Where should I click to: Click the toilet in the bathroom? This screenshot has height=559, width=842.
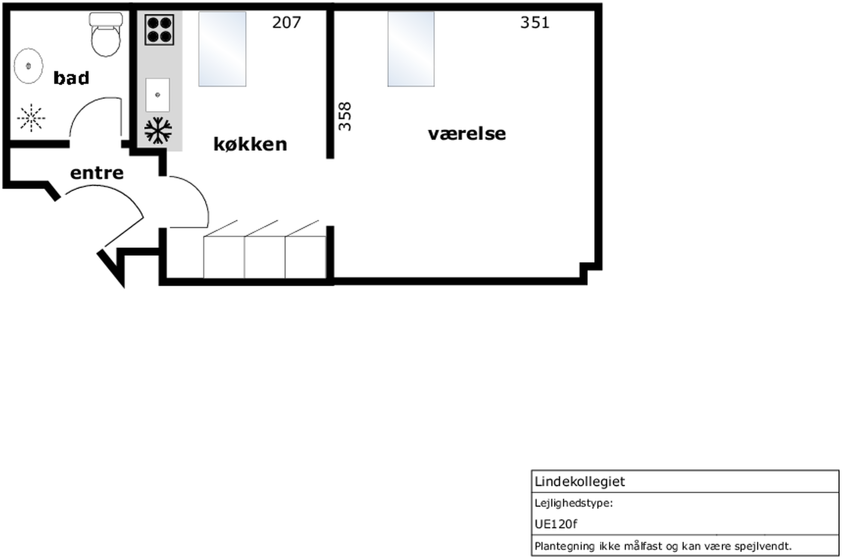click(x=106, y=35)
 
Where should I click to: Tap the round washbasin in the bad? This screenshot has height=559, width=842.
click(x=28, y=66)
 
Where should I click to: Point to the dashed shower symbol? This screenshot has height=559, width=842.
click(x=31, y=118)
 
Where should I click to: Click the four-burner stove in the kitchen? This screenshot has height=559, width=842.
click(x=159, y=29)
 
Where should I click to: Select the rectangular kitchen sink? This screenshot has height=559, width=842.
click(x=158, y=95)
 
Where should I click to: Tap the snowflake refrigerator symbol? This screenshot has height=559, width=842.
click(x=158, y=131)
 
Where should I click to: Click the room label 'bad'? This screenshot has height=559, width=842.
click(x=71, y=78)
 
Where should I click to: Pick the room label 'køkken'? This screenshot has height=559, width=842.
click(x=250, y=144)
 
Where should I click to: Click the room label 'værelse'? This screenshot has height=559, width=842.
click(x=467, y=134)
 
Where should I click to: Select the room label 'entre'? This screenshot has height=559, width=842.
click(x=97, y=173)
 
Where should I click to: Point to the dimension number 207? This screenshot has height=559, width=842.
click(x=286, y=22)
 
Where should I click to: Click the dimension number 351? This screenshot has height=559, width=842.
click(x=535, y=22)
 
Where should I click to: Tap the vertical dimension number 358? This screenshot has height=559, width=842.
click(x=345, y=117)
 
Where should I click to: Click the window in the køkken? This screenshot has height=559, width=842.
click(x=222, y=49)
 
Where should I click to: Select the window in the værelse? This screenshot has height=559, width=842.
click(x=411, y=49)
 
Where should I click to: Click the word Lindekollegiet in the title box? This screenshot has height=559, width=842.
click(x=580, y=482)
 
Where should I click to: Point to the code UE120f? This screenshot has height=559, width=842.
click(x=556, y=524)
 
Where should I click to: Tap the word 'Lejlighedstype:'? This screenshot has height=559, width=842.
click(x=574, y=503)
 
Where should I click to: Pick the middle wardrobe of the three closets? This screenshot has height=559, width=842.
click(x=264, y=257)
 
